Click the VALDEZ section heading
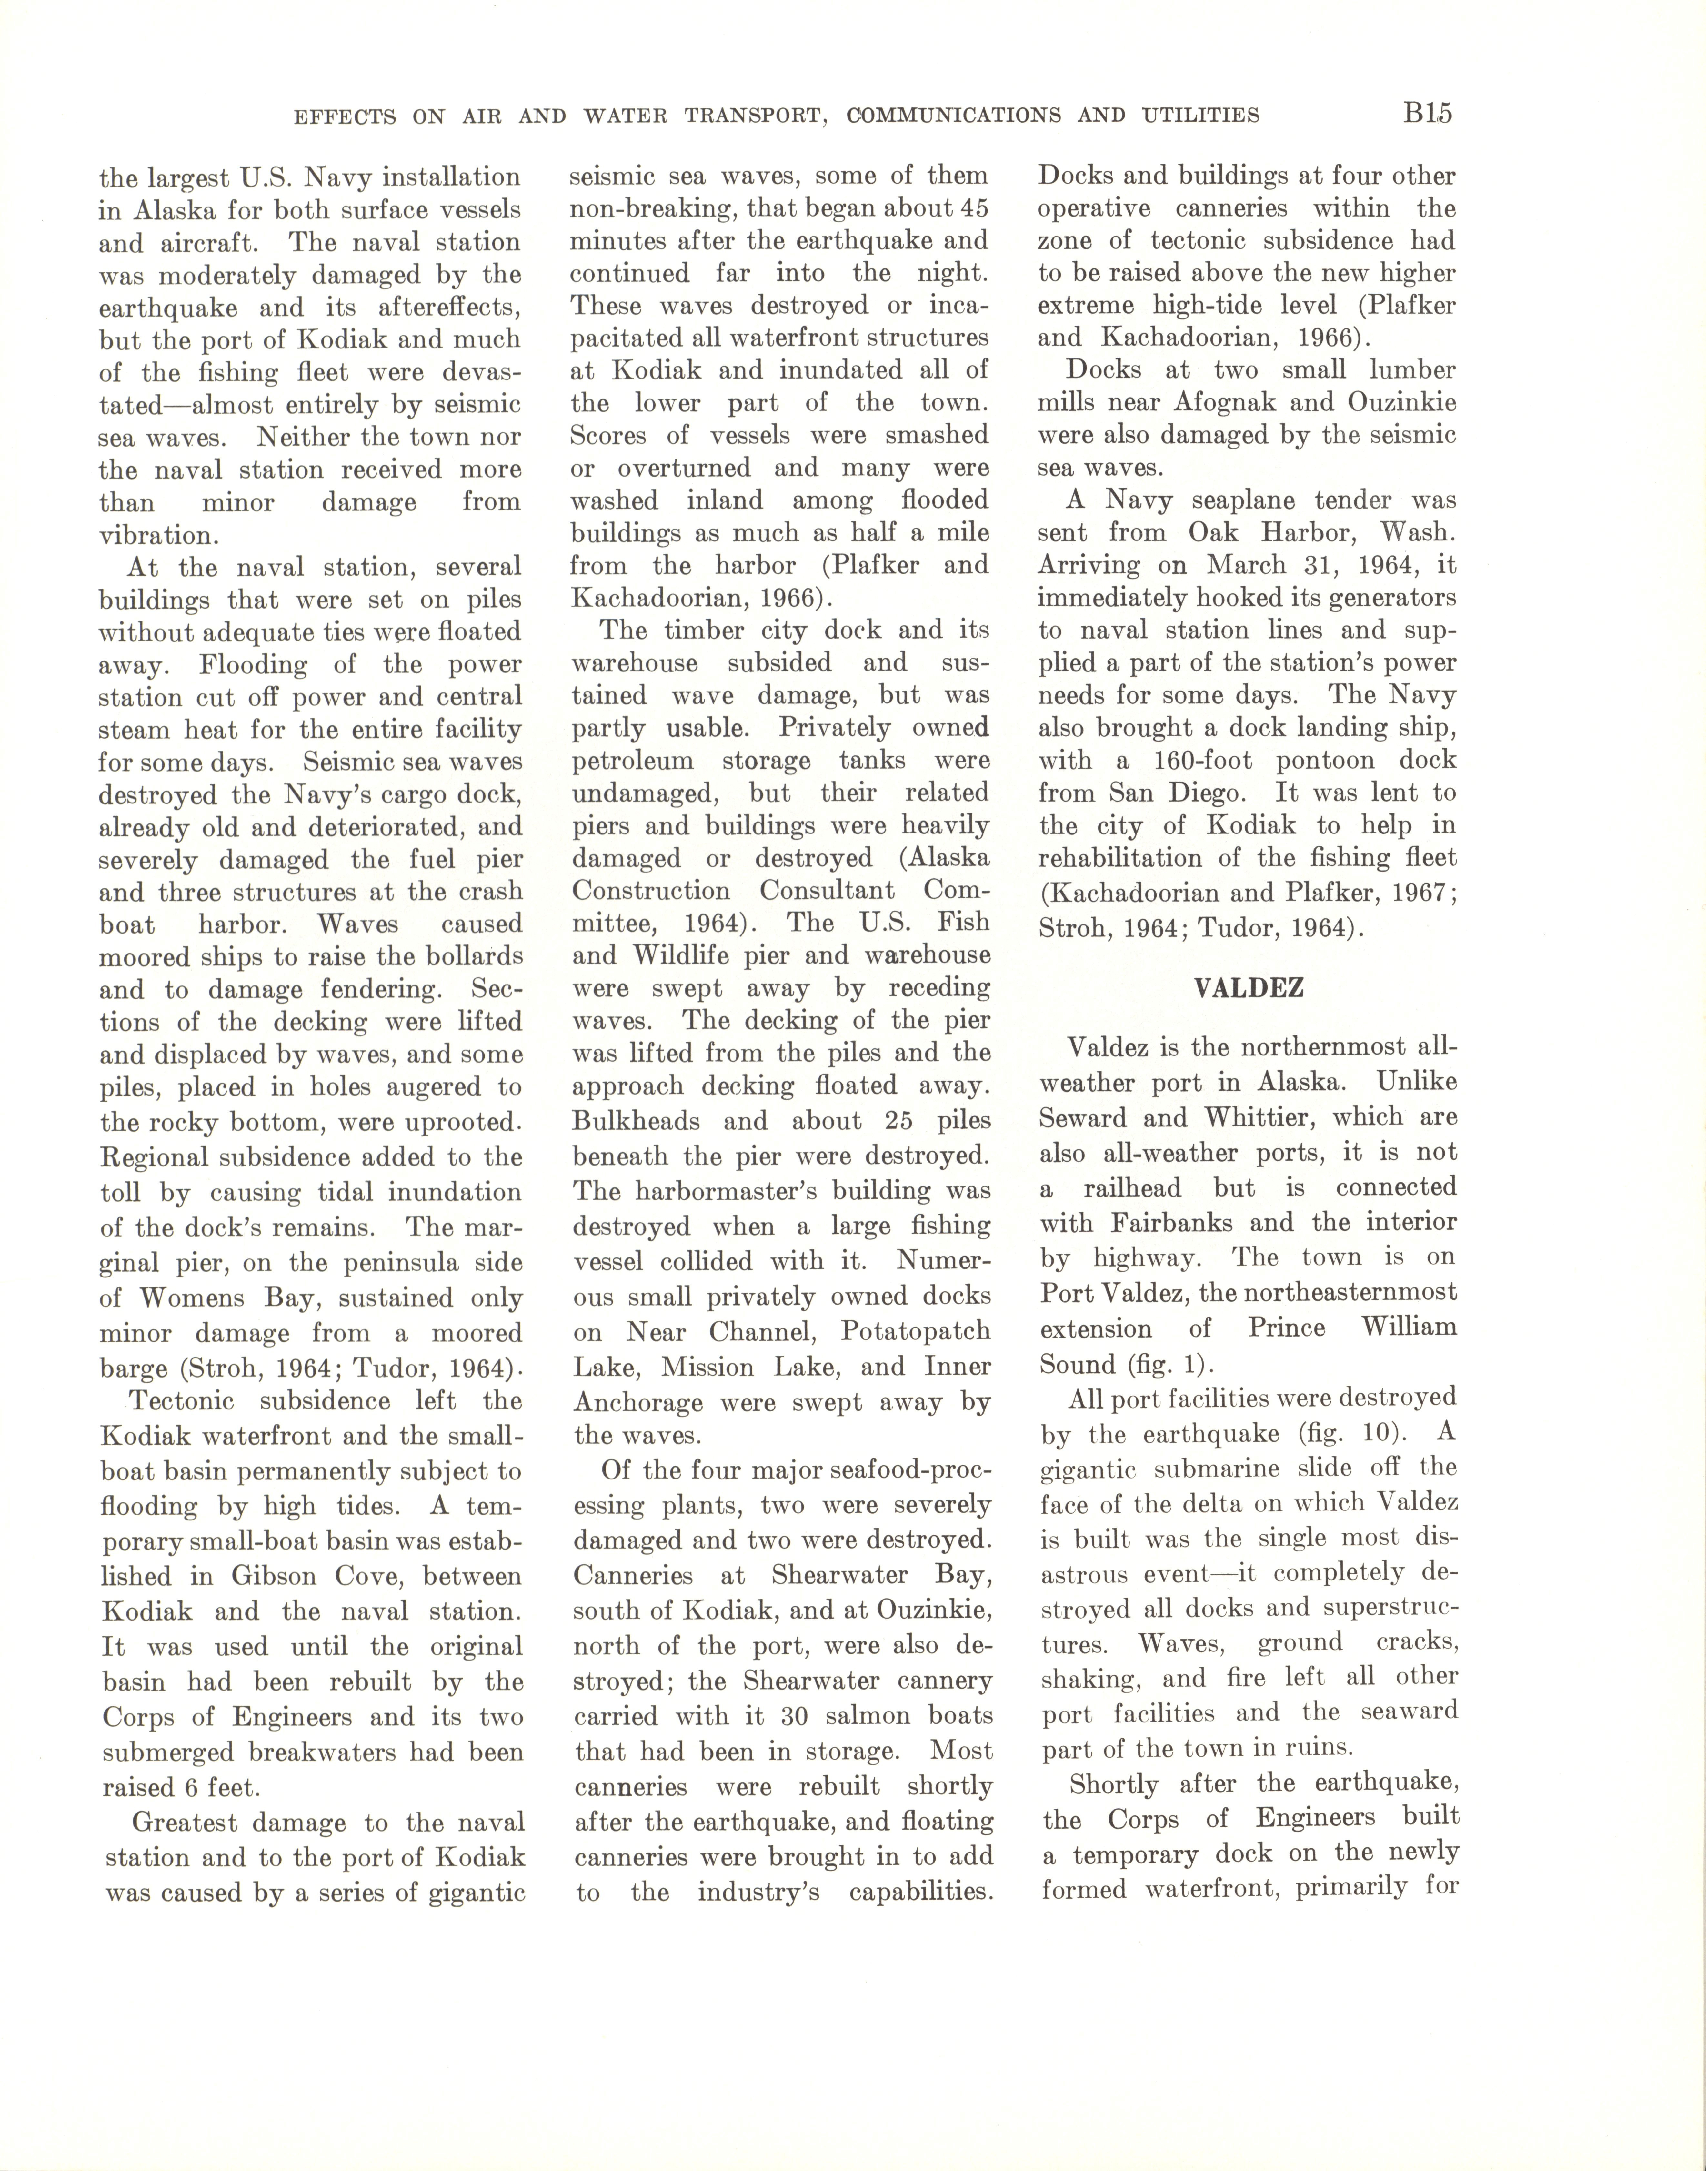(1249, 988)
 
